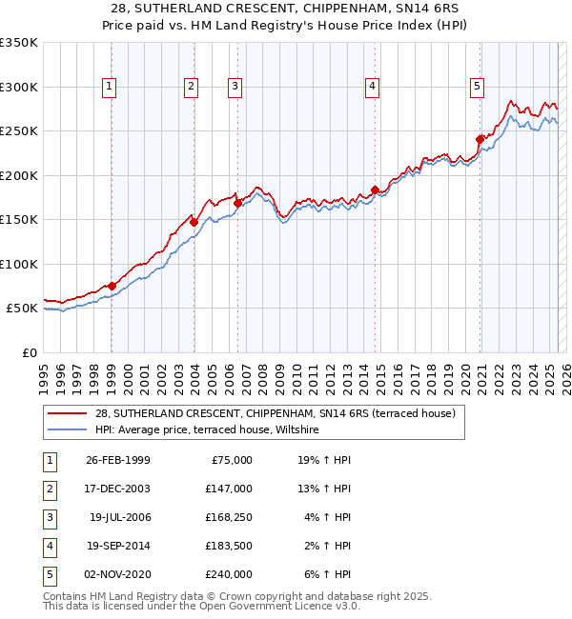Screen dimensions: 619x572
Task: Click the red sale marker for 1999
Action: pyautogui.click(x=112, y=286)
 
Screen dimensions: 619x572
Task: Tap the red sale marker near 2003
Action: pyautogui.click(x=194, y=222)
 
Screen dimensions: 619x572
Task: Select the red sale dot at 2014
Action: pyautogui.click(x=375, y=190)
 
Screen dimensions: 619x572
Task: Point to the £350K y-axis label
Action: pyautogui.click(x=19, y=43)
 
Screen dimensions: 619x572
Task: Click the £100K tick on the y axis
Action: pyautogui.click(x=19, y=264)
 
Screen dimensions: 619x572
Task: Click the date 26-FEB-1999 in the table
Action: pyautogui.click(x=118, y=460)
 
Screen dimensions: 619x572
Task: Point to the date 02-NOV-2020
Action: pyautogui.click(x=118, y=574)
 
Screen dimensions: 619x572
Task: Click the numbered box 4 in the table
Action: pyautogui.click(x=50, y=546)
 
